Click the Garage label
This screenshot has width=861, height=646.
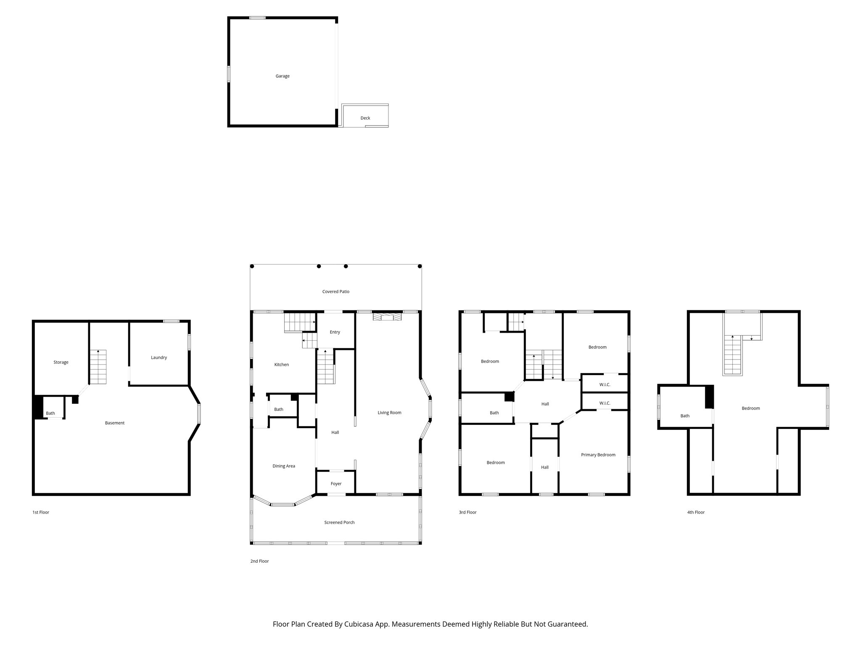point(283,76)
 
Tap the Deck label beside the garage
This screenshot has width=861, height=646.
point(365,118)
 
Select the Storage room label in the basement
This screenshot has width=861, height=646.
point(61,362)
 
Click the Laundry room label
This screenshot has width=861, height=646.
point(159,357)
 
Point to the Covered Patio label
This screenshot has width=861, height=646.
point(336,291)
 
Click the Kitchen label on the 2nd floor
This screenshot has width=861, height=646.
point(282,365)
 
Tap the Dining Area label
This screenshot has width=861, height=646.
point(284,466)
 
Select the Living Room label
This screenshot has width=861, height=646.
point(389,413)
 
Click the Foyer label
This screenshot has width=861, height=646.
point(336,484)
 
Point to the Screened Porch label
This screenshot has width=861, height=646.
point(339,522)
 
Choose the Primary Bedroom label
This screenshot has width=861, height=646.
point(598,455)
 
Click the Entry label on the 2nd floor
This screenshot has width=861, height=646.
point(335,332)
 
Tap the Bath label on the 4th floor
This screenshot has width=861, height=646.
point(685,416)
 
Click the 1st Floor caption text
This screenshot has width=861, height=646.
point(41,512)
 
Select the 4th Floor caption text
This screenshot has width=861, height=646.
point(696,512)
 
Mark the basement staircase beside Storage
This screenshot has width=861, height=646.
point(98,367)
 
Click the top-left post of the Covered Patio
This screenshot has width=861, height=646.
point(252,266)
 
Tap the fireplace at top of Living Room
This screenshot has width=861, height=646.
point(387,316)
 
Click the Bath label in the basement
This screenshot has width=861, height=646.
point(50,413)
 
